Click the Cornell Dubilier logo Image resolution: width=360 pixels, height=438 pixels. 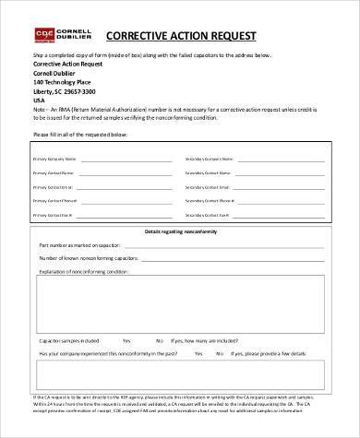(x=56, y=35)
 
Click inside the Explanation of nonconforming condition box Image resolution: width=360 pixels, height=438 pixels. (x=180, y=304)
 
